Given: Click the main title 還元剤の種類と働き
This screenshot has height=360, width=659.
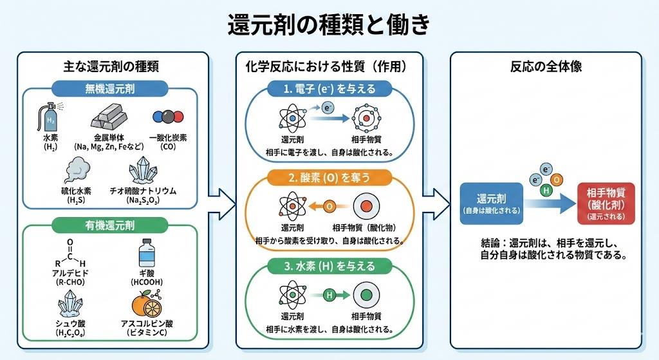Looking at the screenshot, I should point(329,25).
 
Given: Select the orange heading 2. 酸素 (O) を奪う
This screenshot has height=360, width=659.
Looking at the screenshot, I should point(329,176).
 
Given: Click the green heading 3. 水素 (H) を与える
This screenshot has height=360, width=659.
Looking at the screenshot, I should point(329,265).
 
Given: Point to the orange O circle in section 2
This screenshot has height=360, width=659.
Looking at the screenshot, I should point(329,207).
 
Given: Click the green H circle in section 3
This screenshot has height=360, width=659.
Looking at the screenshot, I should point(329,295).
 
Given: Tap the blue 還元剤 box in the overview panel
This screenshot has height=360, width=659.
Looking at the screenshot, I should point(491,203).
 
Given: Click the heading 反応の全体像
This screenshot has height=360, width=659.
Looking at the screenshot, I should point(546,66).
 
